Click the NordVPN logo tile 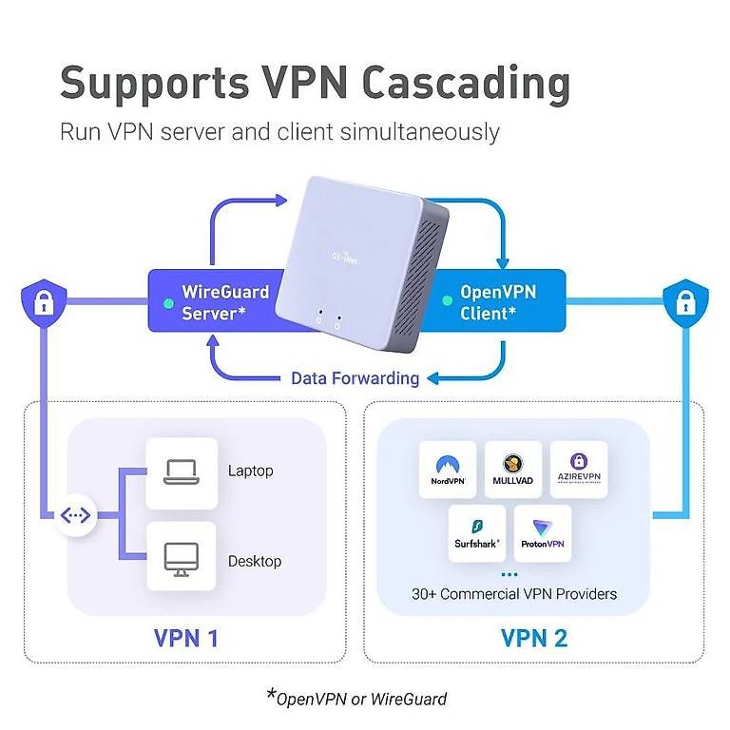point(448,470)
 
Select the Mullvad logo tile point(513,470)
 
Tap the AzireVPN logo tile point(579,470)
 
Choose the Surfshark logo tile point(477,533)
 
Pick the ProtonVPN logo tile point(543,533)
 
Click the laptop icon point(182,472)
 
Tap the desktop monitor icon point(182,559)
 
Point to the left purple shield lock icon point(44,303)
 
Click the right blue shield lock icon point(685,303)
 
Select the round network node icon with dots point(75,515)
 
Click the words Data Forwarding point(355,378)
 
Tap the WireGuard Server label point(225,302)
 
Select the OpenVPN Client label point(498,302)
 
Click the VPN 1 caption point(185,638)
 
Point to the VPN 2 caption point(534,638)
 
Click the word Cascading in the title point(466,84)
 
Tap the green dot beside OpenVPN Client point(447,300)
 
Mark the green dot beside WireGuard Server point(168,304)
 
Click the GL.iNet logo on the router point(344,258)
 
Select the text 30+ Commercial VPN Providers point(514,594)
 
